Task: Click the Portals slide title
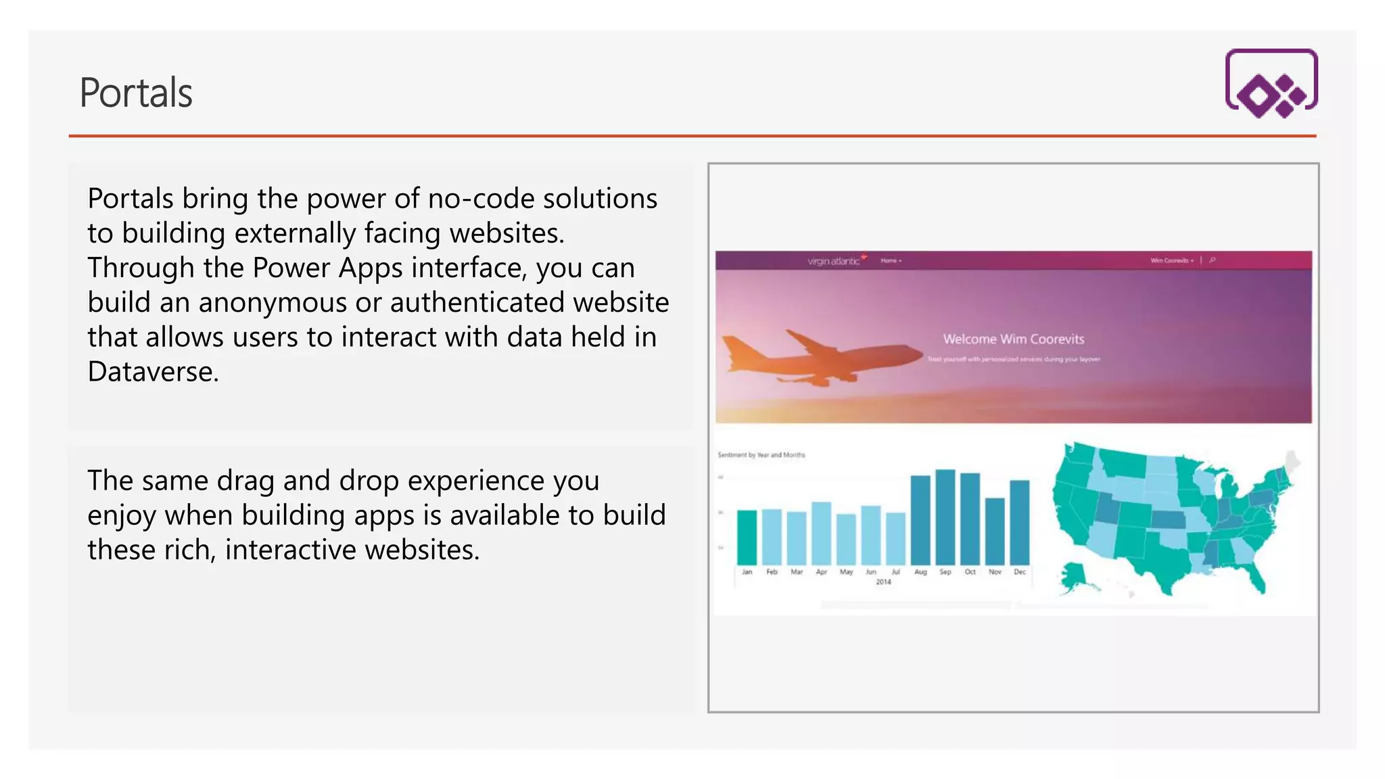pyautogui.click(x=136, y=93)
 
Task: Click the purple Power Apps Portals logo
pyautogui.click(x=1271, y=83)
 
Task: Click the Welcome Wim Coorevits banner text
pyautogui.click(x=1013, y=339)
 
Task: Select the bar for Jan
pyautogui.click(x=747, y=537)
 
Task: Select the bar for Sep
pyautogui.click(x=945, y=517)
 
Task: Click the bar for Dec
pyautogui.click(x=1019, y=522)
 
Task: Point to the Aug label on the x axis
pyautogui.click(x=920, y=572)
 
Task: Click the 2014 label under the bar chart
pyautogui.click(x=883, y=582)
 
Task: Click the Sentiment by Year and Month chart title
pyautogui.click(x=761, y=455)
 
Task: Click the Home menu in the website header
pyautogui.click(x=890, y=260)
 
